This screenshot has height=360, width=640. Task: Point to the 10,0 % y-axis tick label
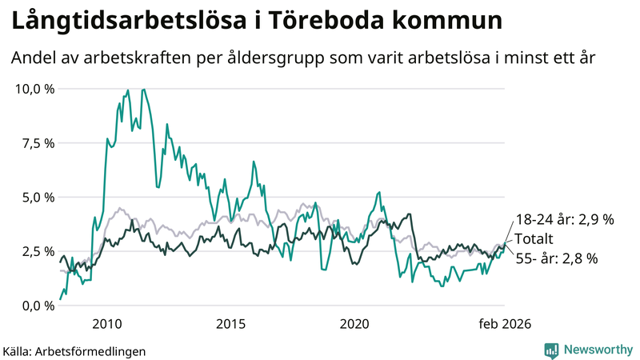pyautogui.click(x=35, y=89)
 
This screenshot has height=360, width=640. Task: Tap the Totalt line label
pyautogui.click(x=534, y=238)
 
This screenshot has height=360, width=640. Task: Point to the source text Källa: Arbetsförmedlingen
pyautogui.click(x=74, y=350)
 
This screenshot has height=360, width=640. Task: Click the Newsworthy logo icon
pyautogui.click(x=551, y=350)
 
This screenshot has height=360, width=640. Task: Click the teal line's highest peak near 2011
pyautogui.click(x=143, y=90)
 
